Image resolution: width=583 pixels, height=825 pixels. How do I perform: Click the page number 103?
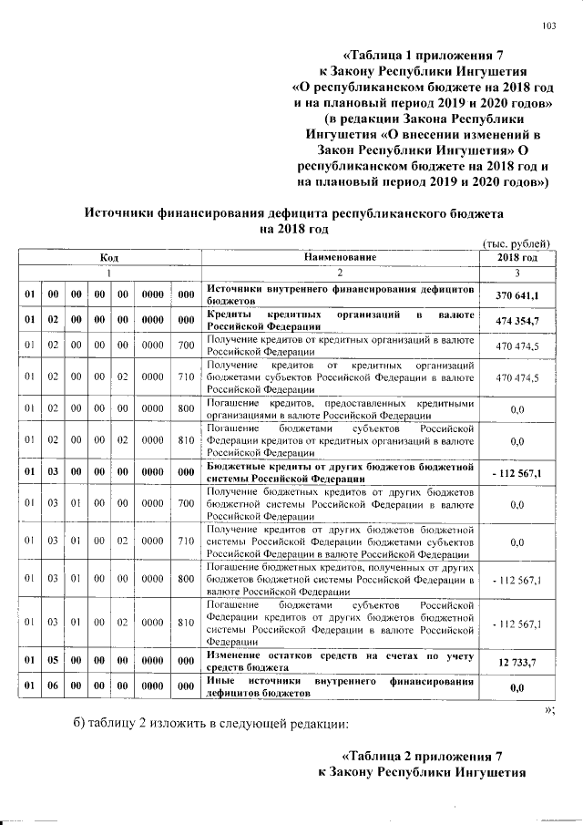[548, 26]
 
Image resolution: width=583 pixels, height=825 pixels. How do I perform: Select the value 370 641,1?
[517, 295]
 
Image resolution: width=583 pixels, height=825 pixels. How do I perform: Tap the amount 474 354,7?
[517, 321]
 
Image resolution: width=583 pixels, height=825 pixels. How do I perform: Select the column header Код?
[110, 258]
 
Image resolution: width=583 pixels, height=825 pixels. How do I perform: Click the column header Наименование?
[340, 258]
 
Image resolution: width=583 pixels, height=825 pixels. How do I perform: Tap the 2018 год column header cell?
[517, 258]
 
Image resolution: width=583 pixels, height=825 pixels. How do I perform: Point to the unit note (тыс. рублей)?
[517, 243]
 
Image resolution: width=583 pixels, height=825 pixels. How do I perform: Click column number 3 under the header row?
[517, 273]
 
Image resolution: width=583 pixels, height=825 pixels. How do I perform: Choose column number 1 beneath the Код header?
[110, 273]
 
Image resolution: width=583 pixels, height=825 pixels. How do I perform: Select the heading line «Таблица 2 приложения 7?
[422, 758]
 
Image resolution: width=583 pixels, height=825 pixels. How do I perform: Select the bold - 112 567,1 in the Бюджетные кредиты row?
[517, 474]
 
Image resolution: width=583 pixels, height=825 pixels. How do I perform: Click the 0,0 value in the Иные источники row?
[517, 686]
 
